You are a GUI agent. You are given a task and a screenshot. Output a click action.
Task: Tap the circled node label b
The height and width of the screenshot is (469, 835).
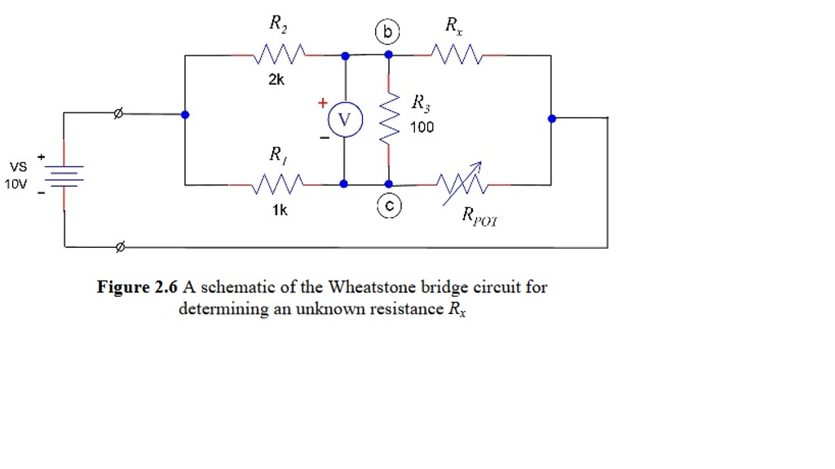[387, 33]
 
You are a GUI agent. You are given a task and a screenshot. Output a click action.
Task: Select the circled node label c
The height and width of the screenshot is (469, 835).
[388, 207]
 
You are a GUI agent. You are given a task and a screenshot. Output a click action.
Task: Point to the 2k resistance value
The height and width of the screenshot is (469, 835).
[276, 80]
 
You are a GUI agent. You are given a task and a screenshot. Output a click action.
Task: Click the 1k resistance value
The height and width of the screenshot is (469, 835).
[280, 210]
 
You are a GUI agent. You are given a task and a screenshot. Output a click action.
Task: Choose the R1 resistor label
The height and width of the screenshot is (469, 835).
[277, 153]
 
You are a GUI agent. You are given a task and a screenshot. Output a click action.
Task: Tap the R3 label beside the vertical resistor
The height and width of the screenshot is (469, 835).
[419, 103]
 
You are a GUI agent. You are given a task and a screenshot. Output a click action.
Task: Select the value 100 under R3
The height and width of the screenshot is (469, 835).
[422, 127]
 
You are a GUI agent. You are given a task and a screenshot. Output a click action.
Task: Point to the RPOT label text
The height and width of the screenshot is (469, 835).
[479, 216]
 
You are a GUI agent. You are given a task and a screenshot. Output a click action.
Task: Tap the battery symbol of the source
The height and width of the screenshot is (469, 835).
[64, 176]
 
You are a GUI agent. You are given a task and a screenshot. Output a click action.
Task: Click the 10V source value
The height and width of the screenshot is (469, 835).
[15, 184]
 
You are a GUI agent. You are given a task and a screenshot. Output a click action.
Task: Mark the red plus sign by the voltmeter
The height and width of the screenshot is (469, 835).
[322, 104]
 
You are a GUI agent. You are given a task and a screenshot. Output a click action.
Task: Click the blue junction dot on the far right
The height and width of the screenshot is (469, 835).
[552, 118]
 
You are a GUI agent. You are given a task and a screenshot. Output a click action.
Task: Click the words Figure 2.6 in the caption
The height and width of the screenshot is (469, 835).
[137, 287]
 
